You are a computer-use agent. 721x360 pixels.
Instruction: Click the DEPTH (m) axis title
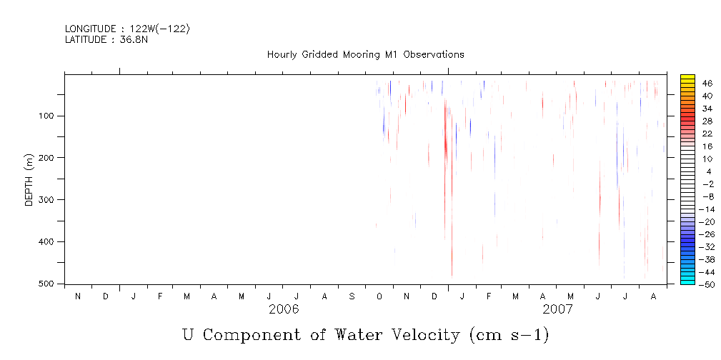[x=29, y=179]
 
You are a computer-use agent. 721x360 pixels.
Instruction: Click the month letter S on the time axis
[x=352, y=296]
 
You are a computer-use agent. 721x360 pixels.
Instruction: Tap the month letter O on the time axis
[x=379, y=296]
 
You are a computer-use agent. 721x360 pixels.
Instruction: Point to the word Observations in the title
[x=434, y=54]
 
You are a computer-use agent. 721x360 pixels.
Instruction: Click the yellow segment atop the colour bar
[x=687, y=78]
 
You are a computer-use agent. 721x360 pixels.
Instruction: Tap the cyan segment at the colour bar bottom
[x=687, y=281]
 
